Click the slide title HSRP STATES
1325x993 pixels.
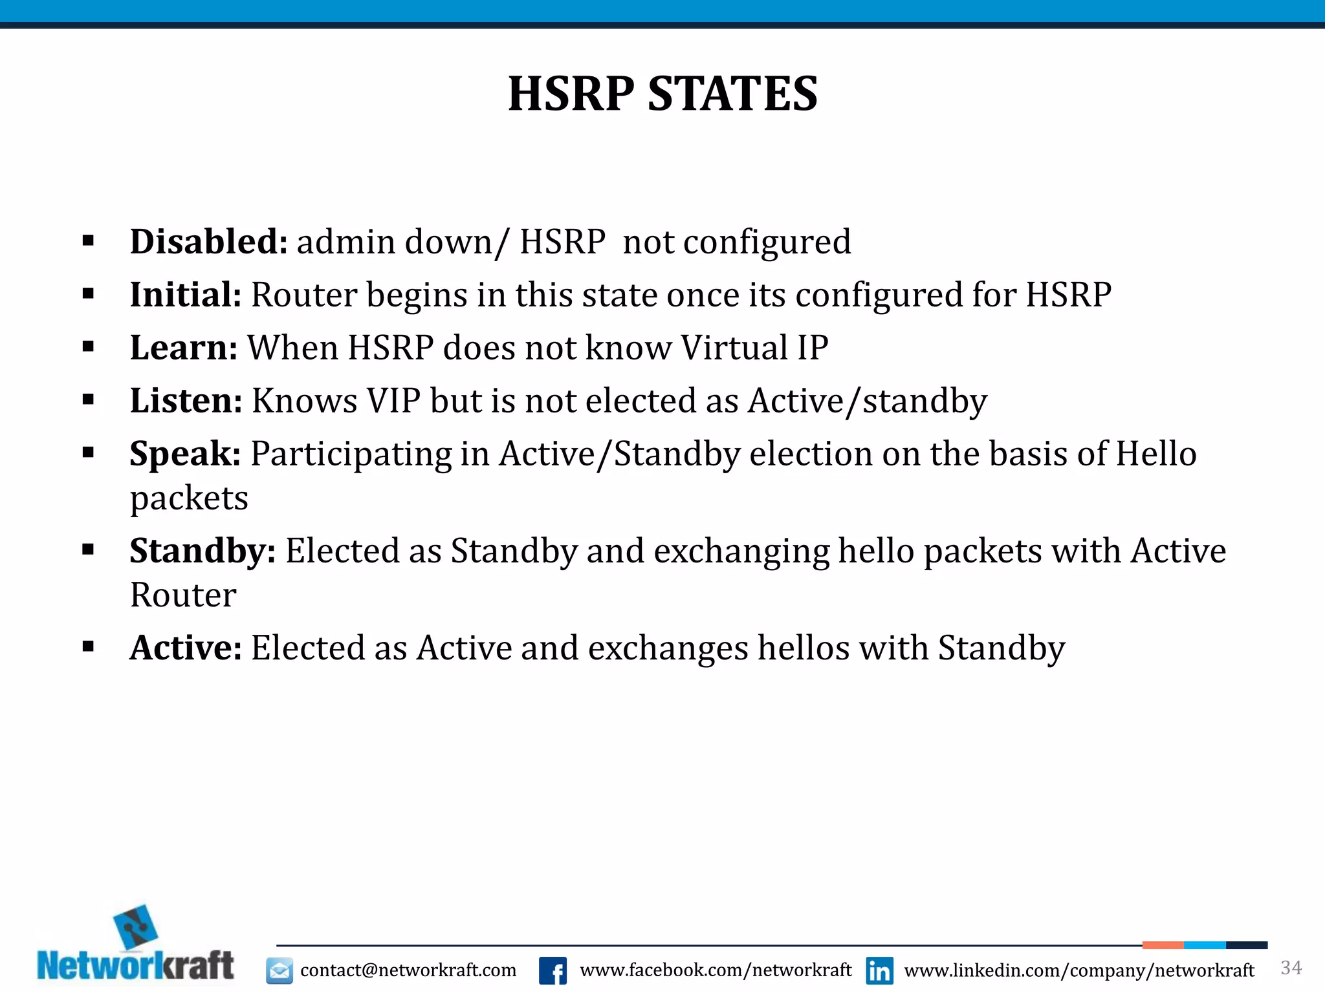pyautogui.click(x=662, y=94)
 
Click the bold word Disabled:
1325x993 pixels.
pyautogui.click(x=208, y=242)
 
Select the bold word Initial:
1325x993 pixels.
pyautogui.click(x=186, y=295)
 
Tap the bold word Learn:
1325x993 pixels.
pyautogui.click(x=184, y=348)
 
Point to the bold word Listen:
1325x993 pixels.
pyautogui.click(x=186, y=401)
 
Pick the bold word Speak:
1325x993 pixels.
pyautogui.click(x=185, y=454)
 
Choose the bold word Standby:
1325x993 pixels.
pyautogui.click(x=203, y=551)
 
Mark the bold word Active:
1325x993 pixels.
pyautogui.click(x=186, y=648)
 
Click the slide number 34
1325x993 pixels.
pyautogui.click(x=1291, y=968)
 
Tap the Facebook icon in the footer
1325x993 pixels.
pyautogui.click(x=553, y=970)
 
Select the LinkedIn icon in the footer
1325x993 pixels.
pyautogui.click(x=879, y=970)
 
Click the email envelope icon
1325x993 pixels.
pyautogui.click(x=279, y=970)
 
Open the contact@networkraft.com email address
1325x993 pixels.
pyautogui.click(x=408, y=970)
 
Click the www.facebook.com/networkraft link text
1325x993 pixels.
pyautogui.click(x=716, y=970)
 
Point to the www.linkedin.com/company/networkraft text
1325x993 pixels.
pyautogui.click(x=1079, y=970)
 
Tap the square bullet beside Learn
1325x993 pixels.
pyautogui.click(x=89, y=347)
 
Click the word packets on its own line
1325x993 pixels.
pyautogui.click(x=189, y=498)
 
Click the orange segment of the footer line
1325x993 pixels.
pyautogui.click(x=1163, y=945)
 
